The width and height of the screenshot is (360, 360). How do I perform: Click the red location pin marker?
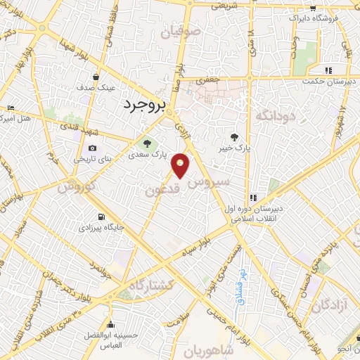pos(181,165)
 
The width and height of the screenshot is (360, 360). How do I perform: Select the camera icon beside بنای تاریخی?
pos(93,148)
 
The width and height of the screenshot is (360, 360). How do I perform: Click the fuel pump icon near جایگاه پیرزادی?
pos(103,217)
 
